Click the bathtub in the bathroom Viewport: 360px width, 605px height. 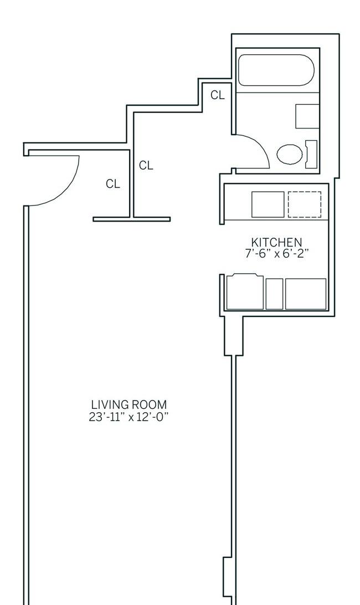pos(276,70)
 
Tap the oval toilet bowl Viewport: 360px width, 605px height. pos(290,154)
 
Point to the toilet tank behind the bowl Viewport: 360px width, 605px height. pos(311,155)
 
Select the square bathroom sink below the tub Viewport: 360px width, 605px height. pos(307,116)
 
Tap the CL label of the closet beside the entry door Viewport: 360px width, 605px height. pos(113,184)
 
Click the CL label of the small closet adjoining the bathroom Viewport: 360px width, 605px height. pos(217,95)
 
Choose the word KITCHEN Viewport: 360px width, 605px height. pos(276,242)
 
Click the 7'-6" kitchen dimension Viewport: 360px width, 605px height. pos(258,254)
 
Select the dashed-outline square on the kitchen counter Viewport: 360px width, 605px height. pos(305,204)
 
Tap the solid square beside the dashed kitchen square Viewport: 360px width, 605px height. pos(268,204)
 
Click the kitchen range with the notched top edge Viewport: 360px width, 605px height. pos(245,291)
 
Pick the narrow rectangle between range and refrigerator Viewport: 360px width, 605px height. pos(274,294)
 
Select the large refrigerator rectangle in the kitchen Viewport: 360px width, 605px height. pos(306,294)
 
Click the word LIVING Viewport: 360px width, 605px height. pos(110,405)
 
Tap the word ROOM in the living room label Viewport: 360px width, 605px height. pos(149,405)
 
